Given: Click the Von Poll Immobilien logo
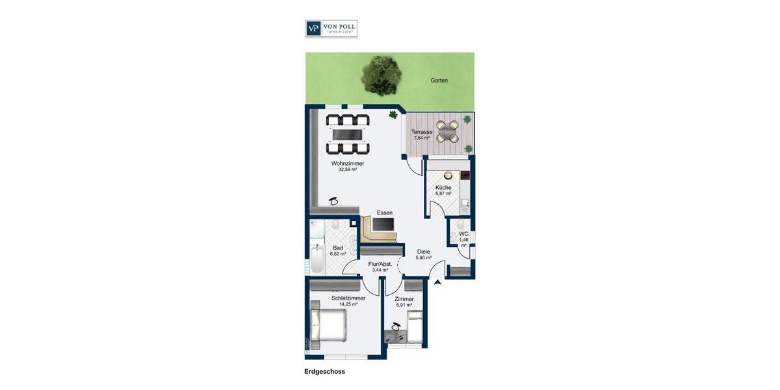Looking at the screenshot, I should (x=331, y=28).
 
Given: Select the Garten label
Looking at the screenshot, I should (x=439, y=81).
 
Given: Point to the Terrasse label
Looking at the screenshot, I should (x=422, y=135).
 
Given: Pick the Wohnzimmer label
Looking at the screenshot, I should (x=347, y=166).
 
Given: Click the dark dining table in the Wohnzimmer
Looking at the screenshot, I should (x=348, y=132).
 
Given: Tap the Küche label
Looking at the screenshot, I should (x=443, y=190).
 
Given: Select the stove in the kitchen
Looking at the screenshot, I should (x=465, y=175).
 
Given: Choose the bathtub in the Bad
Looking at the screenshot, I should (x=317, y=259).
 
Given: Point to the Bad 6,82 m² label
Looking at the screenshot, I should (x=338, y=251).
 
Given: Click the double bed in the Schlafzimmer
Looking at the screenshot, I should (x=328, y=324).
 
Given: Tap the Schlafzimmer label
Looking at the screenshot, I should (x=348, y=301).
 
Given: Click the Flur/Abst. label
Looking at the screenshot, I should (x=380, y=267).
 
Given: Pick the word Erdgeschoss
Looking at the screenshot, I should (x=324, y=372).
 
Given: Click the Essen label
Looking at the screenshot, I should (x=385, y=213).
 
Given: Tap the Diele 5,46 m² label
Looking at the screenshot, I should (x=424, y=254).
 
